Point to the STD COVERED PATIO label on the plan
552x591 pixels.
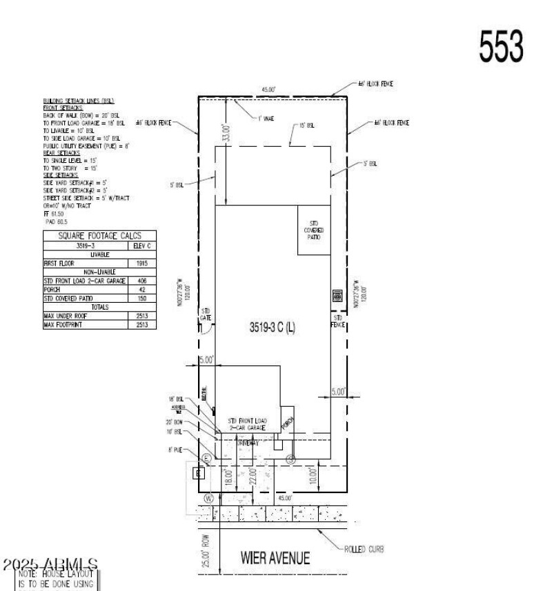point(314,230)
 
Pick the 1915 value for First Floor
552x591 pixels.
point(141,263)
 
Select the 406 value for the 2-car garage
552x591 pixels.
point(141,281)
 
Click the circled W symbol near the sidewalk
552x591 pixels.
point(208,497)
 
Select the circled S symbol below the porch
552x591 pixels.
point(290,457)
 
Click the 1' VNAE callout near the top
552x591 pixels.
point(266,119)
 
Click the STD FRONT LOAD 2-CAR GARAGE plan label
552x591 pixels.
point(247,424)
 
